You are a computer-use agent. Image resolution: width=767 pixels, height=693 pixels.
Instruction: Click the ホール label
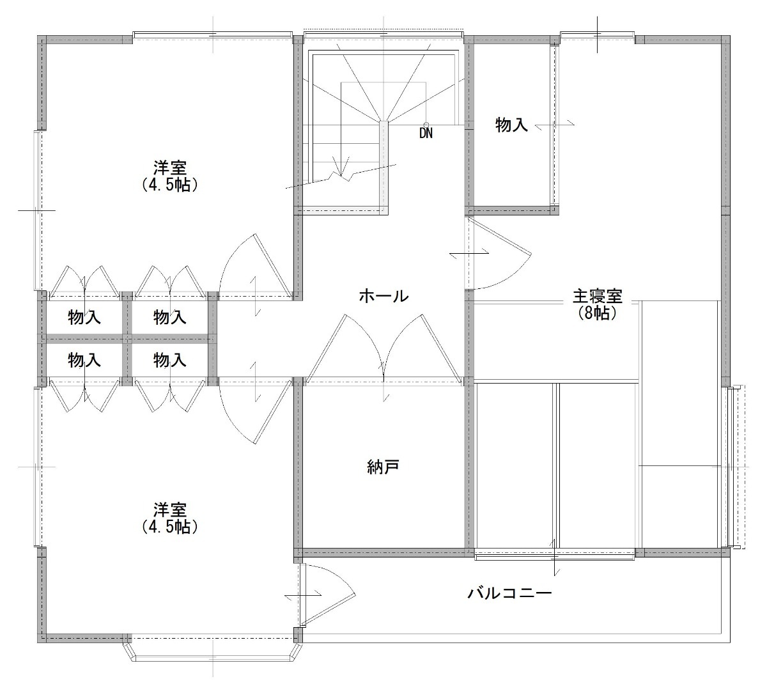pos(384,297)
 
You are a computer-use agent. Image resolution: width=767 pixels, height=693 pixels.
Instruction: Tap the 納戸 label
pos(383,467)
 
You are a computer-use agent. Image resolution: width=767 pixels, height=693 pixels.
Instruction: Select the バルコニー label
pos(510,593)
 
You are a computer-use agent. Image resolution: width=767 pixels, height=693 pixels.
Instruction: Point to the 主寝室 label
pos(597,297)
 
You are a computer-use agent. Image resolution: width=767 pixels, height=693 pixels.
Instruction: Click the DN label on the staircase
pos(426,133)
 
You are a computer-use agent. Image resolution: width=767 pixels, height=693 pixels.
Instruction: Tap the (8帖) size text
pos(597,313)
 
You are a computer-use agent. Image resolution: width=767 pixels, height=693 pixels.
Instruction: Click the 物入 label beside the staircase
pos(511,125)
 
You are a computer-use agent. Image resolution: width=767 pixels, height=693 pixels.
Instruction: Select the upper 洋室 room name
pos(170,168)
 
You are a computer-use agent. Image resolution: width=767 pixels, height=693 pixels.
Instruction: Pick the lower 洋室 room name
pos(170,510)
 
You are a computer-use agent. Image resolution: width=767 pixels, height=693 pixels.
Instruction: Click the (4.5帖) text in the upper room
pos(170,185)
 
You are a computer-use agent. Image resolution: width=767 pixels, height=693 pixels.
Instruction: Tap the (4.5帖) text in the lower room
pos(170,527)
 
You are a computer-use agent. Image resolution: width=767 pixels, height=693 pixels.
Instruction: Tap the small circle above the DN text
pos(426,124)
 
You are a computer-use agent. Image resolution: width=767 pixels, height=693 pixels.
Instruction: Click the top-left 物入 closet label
pos(84,318)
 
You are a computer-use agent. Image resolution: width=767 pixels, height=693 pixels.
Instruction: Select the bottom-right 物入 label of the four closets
pos(170,361)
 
